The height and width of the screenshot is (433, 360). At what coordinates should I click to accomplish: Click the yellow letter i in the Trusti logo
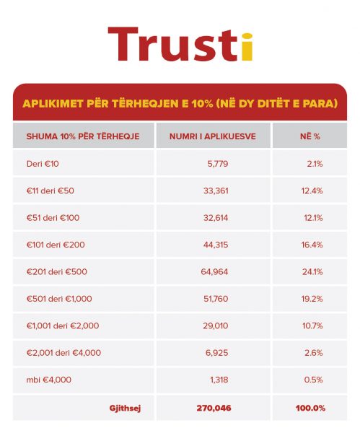(247, 47)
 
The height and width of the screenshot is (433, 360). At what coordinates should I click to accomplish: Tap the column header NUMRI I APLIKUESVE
(213, 136)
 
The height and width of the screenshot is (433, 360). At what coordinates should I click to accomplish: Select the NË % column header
(310, 136)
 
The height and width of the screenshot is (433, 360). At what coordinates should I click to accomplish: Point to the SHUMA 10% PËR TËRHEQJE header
(83, 136)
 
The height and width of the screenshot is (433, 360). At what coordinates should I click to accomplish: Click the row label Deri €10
(43, 164)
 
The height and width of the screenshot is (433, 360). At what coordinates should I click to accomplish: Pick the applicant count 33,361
(216, 191)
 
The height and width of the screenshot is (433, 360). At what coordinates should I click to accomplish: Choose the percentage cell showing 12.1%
(313, 218)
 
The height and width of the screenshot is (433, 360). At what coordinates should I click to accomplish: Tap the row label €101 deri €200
(56, 245)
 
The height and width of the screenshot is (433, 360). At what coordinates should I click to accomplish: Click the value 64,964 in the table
(214, 272)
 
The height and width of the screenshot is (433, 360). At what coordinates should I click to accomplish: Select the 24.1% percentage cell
(312, 272)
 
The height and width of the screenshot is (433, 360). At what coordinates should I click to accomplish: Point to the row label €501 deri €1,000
(59, 299)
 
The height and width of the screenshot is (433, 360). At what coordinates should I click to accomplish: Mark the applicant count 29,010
(216, 326)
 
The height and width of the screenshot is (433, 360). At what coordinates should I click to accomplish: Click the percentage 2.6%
(314, 353)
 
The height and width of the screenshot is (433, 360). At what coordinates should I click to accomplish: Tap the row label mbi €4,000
(49, 380)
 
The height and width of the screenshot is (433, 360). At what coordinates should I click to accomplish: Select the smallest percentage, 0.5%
(313, 380)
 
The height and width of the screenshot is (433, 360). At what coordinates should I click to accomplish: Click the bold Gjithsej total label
(125, 408)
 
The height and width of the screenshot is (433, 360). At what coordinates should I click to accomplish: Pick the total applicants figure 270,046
(214, 408)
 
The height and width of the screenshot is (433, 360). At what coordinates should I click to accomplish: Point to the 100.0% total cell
(311, 408)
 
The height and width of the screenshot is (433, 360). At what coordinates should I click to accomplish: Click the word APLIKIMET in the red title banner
(53, 103)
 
